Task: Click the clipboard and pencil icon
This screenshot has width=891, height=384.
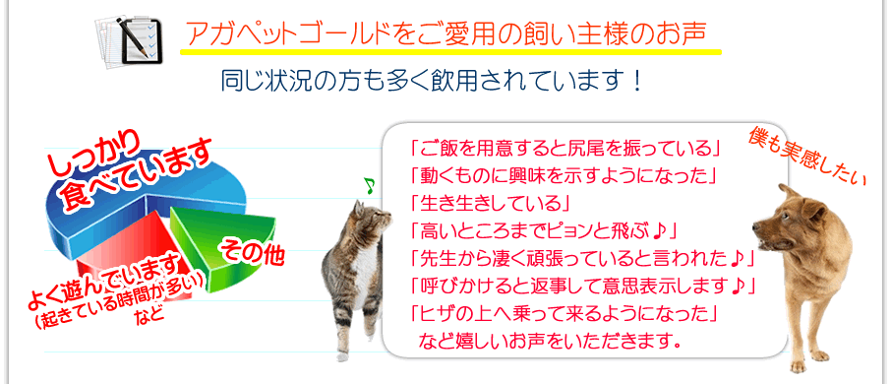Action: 129,39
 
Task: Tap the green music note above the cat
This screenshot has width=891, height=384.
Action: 370,185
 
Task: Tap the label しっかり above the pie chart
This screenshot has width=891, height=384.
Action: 94,154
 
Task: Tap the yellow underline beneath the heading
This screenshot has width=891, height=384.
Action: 450,53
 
